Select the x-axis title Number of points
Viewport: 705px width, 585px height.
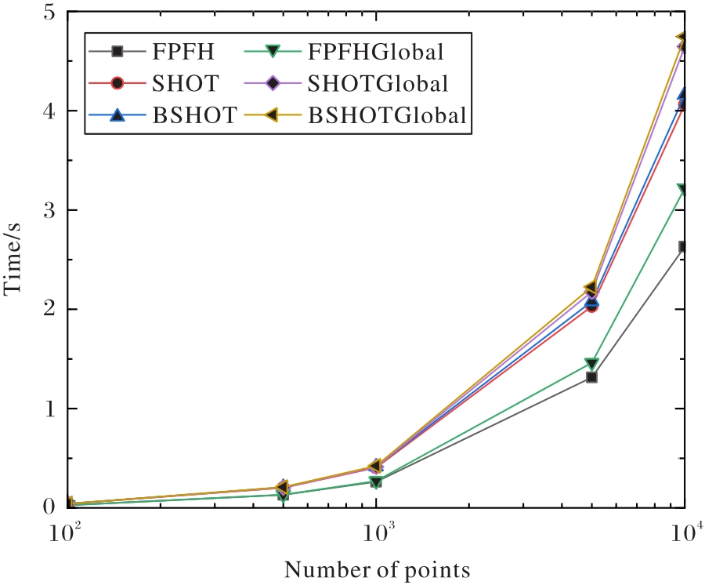tap(377, 568)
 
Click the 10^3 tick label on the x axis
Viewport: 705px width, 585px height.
tap(378, 531)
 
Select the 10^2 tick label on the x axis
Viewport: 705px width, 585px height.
tap(67, 531)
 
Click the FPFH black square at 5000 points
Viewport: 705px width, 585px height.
tap(592, 377)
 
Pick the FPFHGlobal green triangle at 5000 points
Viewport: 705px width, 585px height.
tap(592, 364)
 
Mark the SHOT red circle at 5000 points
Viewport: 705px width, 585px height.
tap(592, 306)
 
